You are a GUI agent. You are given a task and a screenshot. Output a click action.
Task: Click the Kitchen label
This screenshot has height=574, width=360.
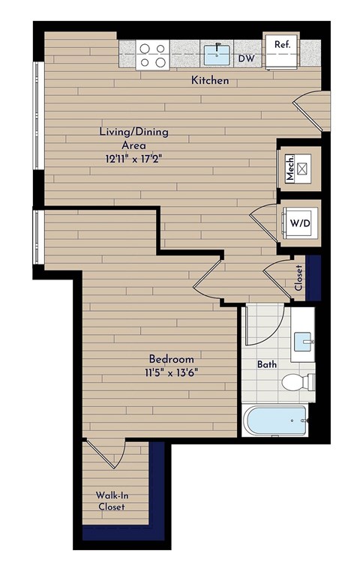pyautogui.click(x=209, y=80)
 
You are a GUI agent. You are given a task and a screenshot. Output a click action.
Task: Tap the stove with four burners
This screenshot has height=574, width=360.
pyautogui.click(x=153, y=54)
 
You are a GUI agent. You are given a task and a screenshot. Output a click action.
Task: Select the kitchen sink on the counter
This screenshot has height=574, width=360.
pyautogui.click(x=217, y=52)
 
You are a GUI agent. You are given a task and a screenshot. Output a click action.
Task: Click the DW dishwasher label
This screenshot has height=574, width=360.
pyautogui.click(x=245, y=57)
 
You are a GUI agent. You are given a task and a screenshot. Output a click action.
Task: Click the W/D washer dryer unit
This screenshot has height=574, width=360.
pyautogui.click(x=299, y=223)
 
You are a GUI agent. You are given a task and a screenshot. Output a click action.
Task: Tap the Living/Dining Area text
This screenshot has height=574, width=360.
pyautogui.click(x=134, y=139)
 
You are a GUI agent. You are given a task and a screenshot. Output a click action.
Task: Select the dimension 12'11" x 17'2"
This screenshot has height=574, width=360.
pyautogui.click(x=134, y=159)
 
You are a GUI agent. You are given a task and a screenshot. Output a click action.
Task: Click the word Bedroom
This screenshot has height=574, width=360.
pyautogui.click(x=171, y=359)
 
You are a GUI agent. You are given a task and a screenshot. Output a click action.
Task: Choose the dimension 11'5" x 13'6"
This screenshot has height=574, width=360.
pyautogui.click(x=171, y=372)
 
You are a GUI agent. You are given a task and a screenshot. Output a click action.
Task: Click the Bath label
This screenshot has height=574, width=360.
pyautogui.click(x=267, y=365)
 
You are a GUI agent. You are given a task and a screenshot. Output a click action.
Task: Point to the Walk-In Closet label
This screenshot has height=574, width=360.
pyautogui.click(x=110, y=501)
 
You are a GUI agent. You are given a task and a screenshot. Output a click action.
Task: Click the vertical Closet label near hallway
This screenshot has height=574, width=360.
pyautogui.click(x=298, y=277)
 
